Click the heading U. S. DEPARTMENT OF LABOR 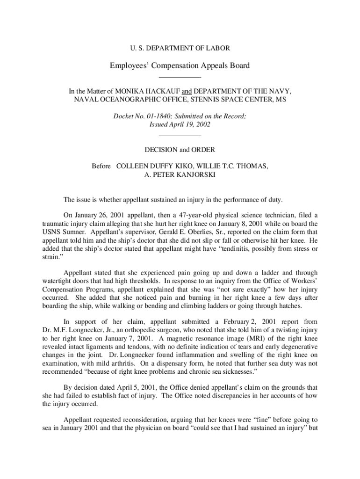pyautogui.click(x=180, y=48)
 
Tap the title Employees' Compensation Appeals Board pyautogui.click(x=180, y=65)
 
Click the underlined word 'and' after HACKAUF pyautogui.click(x=175, y=92)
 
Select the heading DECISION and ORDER pyautogui.click(x=180, y=150)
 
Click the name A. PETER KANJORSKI pyautogui.click(x=180, y=174)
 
